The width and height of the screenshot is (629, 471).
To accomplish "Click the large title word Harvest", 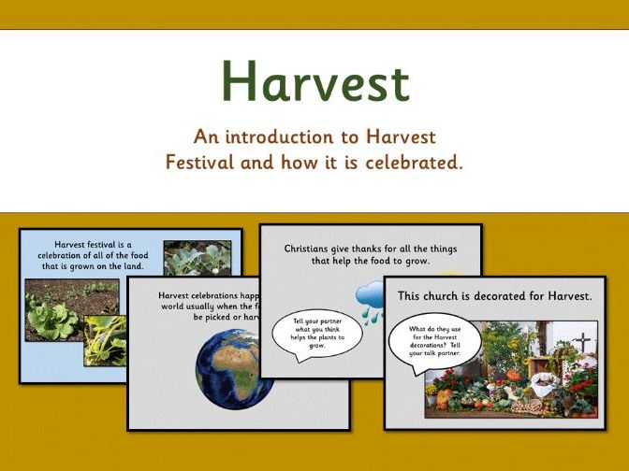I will [315, 81].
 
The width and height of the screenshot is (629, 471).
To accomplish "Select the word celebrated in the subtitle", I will [409, 162].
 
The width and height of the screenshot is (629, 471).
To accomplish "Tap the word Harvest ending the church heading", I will [563, 296].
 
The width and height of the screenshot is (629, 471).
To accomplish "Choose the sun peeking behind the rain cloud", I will [389, 279].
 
